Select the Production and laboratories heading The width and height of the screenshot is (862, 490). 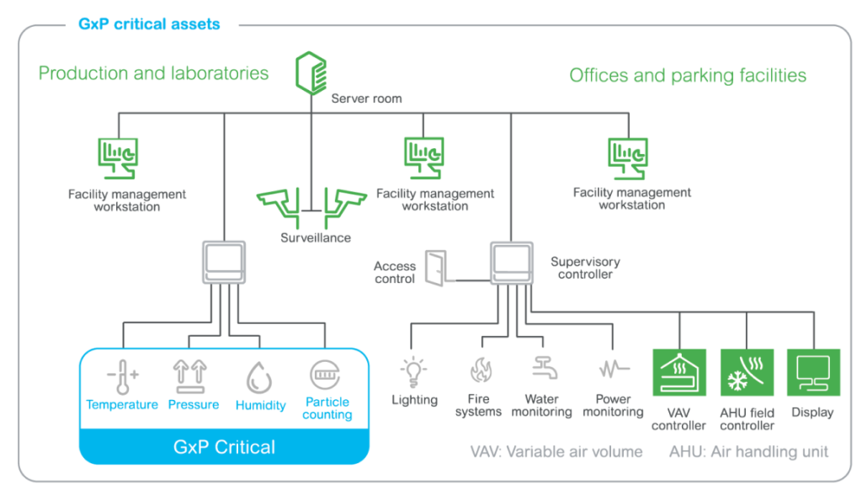153,73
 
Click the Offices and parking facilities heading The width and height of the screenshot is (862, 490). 688,76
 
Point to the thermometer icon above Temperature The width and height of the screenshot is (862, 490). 121,375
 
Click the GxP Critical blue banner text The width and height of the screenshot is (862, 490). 224,446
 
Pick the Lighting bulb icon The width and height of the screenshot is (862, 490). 415,371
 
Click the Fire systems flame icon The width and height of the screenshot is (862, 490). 479,371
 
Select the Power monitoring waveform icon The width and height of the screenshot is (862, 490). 613,370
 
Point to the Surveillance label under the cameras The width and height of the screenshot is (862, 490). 315,238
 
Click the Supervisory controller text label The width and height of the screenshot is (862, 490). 585,268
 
